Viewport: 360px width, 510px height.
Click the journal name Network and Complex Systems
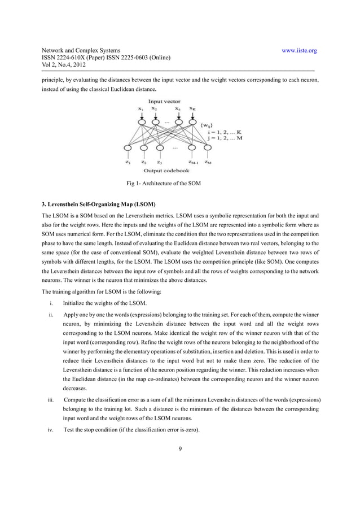pos(81,51)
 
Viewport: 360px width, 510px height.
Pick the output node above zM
pos(208,149)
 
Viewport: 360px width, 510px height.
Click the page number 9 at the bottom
pos(179,450)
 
